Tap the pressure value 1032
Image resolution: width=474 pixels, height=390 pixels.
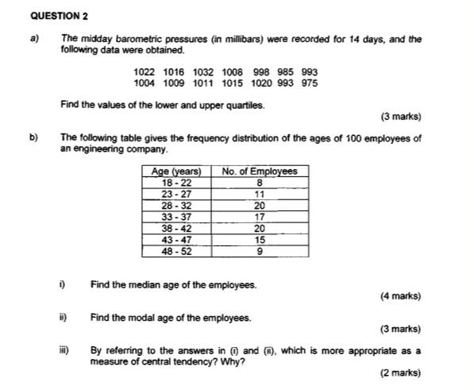tap(204, 71)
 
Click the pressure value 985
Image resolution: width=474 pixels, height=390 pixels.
tap(283, 71)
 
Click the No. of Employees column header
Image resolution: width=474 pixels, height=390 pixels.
tap(260, 172)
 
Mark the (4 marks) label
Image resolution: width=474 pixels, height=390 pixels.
tap(400, 296)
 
